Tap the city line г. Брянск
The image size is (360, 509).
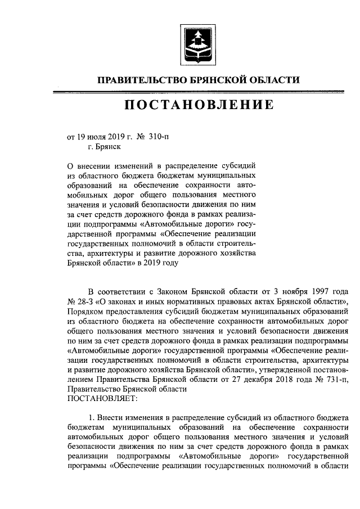click(104, 146)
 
